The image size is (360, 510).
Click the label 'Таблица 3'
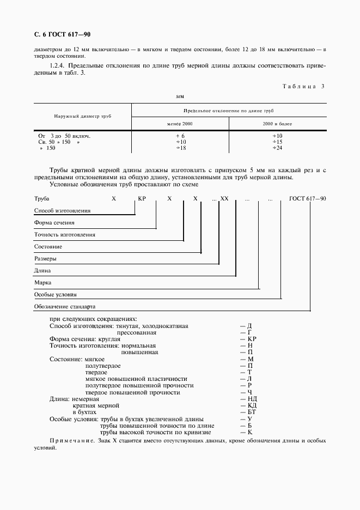(x=304, y=86)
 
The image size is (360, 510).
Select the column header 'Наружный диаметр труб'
(x=82, y=117)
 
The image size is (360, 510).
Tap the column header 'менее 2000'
(x=180, y=124)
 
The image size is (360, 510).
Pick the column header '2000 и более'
(x=277, y=124)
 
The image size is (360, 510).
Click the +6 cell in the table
(x=180, y=135)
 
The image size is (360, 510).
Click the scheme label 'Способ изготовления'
(x=62, y=211)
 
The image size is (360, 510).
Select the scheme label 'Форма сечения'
(x=54, y=223)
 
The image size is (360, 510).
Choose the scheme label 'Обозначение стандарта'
(x=65, y=306)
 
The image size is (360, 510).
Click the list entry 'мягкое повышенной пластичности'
(x=136, y=379)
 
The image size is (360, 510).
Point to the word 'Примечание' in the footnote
(x=67, y=440)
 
